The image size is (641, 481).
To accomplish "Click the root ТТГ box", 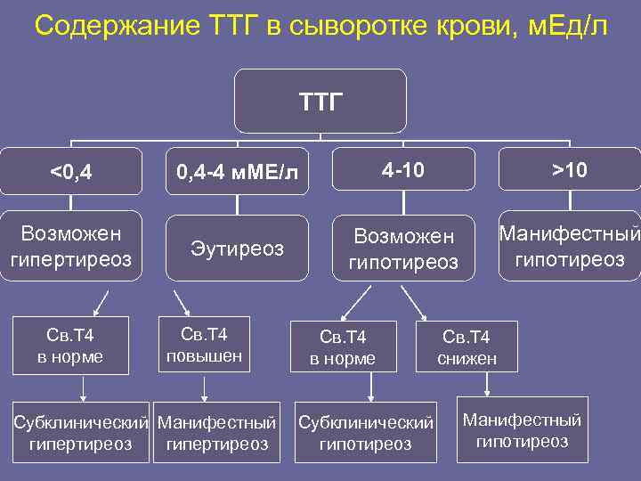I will tap(320, 101).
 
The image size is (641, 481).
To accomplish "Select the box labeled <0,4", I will tap(71, 170).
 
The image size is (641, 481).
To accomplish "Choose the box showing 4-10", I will tap(403, 168).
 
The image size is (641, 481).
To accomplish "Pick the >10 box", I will tap(569, 168).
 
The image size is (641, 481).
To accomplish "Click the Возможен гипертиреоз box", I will tap(71, 246).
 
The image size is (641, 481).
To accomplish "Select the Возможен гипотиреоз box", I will tap(403, 249).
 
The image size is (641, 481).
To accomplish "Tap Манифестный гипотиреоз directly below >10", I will tap(570, 246).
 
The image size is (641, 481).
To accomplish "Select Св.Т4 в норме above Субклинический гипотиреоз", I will tap(343, 346).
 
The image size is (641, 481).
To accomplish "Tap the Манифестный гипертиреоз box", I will tap(216, 432).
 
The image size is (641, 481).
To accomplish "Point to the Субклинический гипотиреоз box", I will tap(365, 432).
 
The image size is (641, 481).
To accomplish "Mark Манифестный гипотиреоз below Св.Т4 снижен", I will tap(523, 430).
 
